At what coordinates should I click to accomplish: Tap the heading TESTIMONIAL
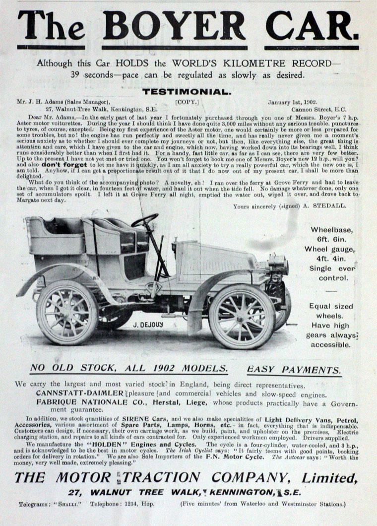187,91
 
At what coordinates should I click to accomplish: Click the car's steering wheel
144,220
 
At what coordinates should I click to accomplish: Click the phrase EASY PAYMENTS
294,370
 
